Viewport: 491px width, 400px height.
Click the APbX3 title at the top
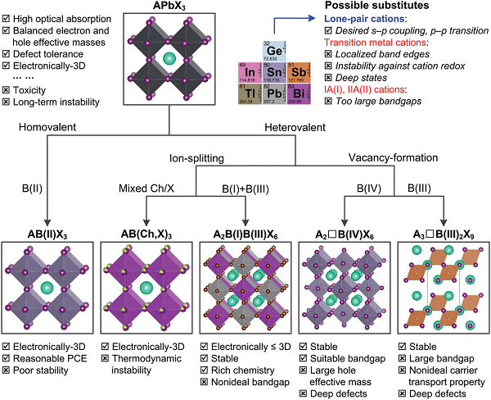point(169,7)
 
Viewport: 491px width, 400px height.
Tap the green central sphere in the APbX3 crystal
point(169,58)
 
